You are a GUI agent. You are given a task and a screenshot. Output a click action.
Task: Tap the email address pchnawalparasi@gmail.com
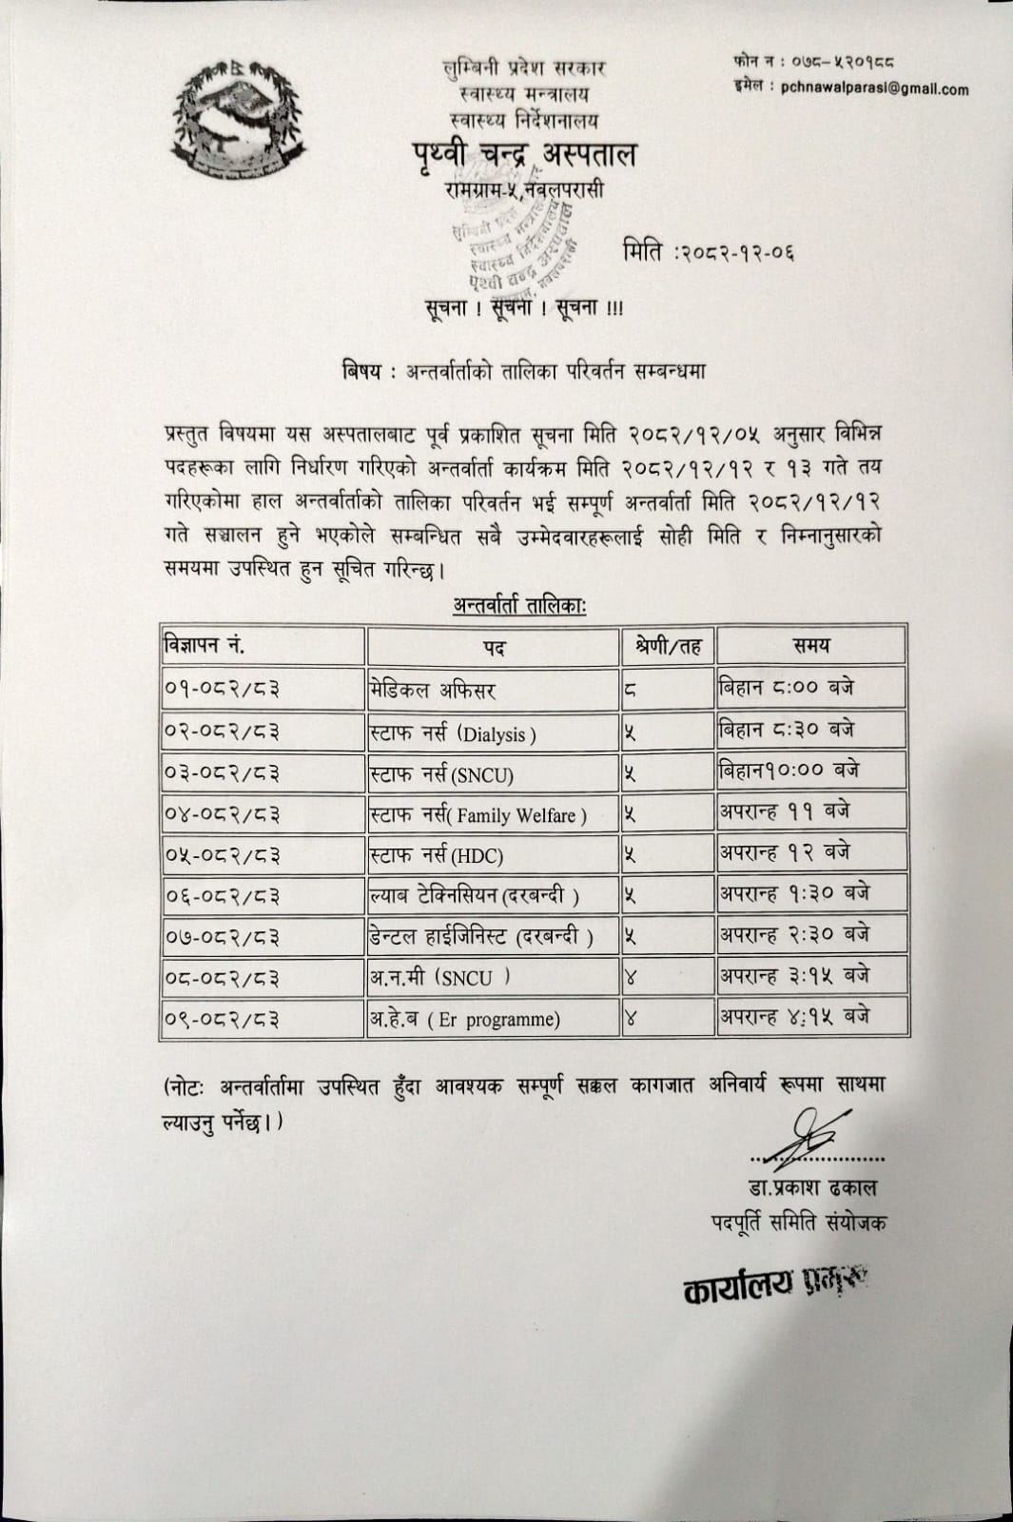874,89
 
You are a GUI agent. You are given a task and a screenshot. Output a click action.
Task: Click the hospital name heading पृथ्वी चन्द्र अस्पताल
524,154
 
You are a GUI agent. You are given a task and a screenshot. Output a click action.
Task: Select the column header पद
493,648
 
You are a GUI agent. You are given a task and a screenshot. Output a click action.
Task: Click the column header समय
810,646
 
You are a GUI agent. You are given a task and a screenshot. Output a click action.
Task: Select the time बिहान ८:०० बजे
788,688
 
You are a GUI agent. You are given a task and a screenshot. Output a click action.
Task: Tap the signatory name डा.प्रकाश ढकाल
811,1188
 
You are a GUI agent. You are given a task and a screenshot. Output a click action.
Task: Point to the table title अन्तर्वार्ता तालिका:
519,606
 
